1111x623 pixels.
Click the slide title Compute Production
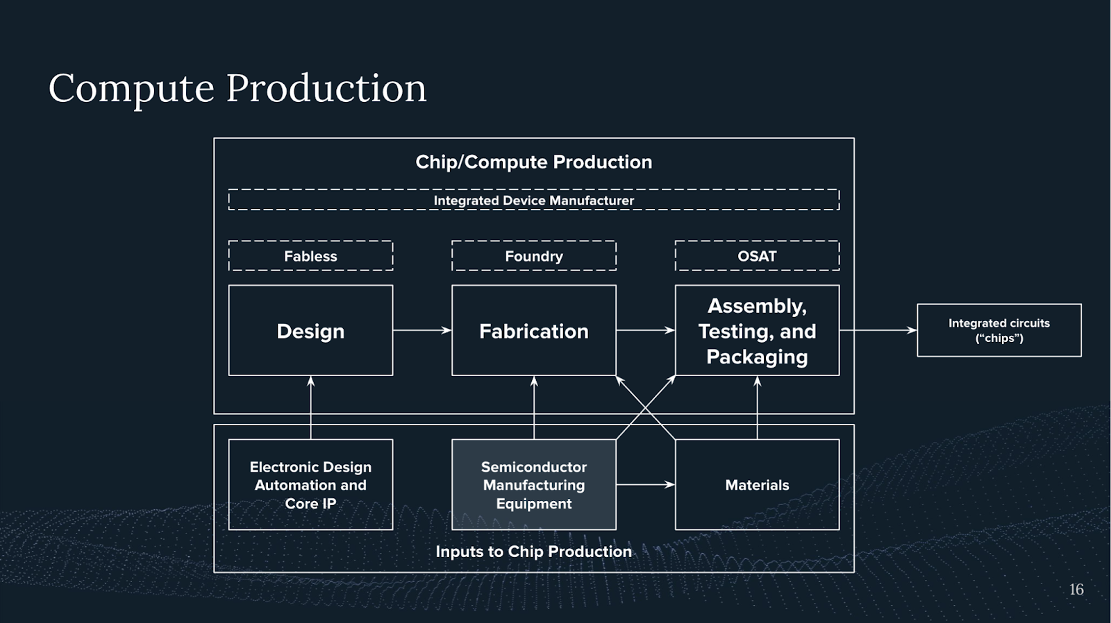click(x=237, y=88)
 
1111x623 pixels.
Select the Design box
click(x=310, y=331)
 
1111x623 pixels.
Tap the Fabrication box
click(x=533, y=331)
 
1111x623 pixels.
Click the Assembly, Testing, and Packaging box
click(x=757, y=331)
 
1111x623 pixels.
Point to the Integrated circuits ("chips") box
click(x=999, y=330)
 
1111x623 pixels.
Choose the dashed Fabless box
click(x=310, y=256)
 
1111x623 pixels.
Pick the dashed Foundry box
click(x=533, y=256)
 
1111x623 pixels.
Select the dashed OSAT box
click(x=757, y=256)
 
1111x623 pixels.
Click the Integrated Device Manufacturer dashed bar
click(x=533, y=200)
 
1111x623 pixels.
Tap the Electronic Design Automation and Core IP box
click(x=310, y=485)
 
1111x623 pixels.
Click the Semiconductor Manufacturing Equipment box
click(x=533, y=485)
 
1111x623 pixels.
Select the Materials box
click(x=757, y=485)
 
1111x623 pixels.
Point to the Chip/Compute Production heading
click(x=533, y=162)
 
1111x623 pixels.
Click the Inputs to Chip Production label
click(x=533, y=552)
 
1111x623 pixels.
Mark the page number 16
click(x=1076, y=590)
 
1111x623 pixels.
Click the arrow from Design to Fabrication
click(x=422, y=330)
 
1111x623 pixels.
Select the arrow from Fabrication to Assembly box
click(x=645, y=330)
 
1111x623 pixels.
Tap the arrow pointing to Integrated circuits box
click(x=878, y=330)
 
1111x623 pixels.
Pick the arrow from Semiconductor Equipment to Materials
click(x=645, y=484)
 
